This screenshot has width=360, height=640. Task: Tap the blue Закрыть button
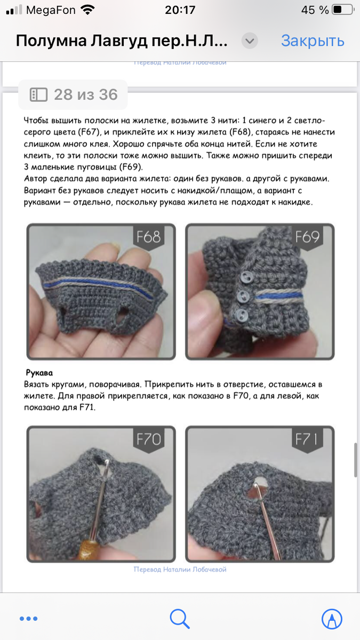(x=313, y=41)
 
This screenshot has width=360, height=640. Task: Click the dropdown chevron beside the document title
(x=250, y=41)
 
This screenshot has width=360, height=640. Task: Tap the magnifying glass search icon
(x=180, y=619)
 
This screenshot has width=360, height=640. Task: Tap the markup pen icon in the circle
(x=332, y=619)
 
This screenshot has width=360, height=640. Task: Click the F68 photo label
(x=149, y=237)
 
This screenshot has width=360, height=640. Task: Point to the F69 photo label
(x=307, y=237)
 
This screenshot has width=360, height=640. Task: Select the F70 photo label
(x=149, y=439)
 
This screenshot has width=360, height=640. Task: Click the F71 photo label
(x=307, y=439)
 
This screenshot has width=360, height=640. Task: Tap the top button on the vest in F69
(x=245, y=277)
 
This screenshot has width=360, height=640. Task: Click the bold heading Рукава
(x=39, y=373)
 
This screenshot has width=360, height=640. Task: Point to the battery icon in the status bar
(x=343, y=10)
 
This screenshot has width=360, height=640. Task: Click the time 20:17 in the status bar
(x=180, y=10)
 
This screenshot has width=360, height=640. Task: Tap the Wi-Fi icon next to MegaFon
(x=87, y=10)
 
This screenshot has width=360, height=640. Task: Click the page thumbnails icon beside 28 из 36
(x=38, y=94)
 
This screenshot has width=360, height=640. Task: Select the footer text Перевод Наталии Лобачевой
(x=180, y=570)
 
